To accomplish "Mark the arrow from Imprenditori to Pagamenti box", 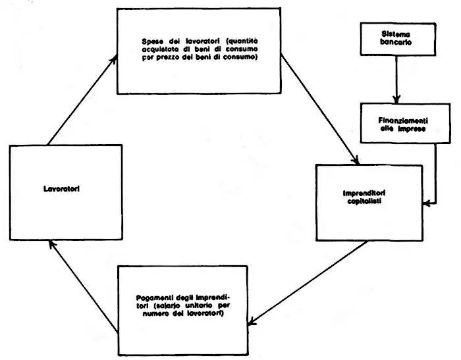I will pos(310,283).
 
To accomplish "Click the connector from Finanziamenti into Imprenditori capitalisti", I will pos(437,178).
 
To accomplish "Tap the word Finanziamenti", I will pos(394,120).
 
